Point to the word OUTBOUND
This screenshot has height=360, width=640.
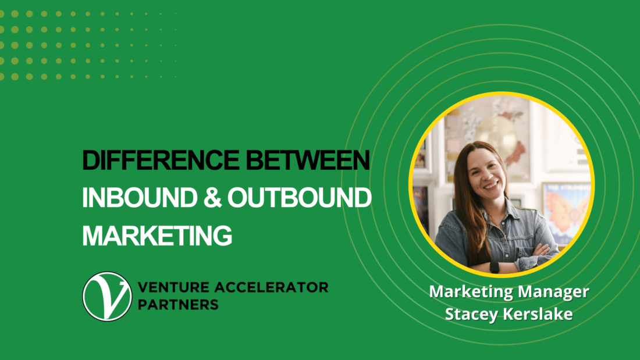click(x=299, y=198)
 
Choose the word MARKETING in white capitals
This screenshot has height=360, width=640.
click(x=157, y=236)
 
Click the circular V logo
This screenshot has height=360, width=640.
click(x=107, y=297)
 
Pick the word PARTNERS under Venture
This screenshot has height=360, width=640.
click(x=178, y=305)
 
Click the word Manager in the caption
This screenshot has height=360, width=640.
click(x=552, y=291)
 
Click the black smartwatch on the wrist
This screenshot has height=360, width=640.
click(x=494, y=266)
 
